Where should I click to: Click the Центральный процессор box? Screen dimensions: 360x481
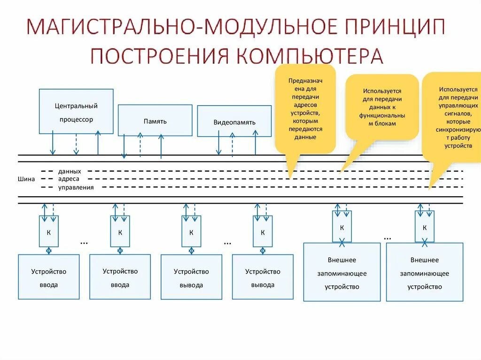(x=76, y=112)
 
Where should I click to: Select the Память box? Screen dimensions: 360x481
(x=155, y=121)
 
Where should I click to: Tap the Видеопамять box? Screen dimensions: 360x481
(x=234, y=122)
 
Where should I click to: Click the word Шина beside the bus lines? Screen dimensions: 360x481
(x=26, y=179)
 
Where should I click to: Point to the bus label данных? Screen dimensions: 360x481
(x=70, y=171)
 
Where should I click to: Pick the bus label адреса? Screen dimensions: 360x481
(x=69, y=179)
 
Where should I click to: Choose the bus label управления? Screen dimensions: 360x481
(x=76, y=187)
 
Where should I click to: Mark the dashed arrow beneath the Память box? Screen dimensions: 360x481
(x=140, y=145)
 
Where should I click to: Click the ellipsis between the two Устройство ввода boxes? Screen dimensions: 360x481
(x=84, y=242)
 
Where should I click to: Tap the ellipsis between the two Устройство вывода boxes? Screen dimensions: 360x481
(x=227, y=242)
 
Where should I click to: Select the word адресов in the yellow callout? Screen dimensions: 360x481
(x=305, y=105)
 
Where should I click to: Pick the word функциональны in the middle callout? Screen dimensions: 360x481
(x=382, y=115)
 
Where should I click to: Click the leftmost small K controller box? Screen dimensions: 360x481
(x=48, y=231)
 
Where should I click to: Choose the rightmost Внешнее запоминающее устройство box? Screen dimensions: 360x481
(x=424, y=273)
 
